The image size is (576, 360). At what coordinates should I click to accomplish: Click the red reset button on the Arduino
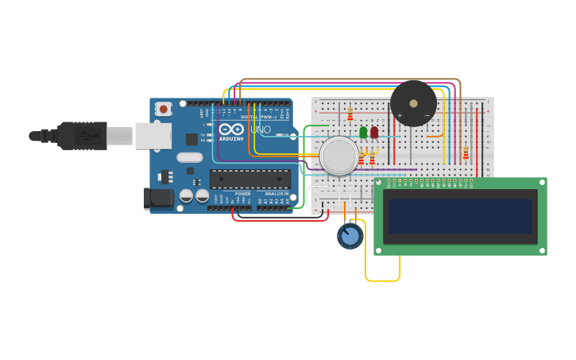click(x=164, y=109)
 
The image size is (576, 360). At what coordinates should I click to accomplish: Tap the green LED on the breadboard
click(x=363, y=133)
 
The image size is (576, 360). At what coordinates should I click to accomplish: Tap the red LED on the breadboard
click(x=374, y=133)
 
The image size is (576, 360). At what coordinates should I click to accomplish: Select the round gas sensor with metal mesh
click(x=339, y=156)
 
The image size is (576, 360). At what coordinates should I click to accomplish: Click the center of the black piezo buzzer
click(x=413, y=103)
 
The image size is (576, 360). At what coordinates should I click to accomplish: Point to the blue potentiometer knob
click(x=350, y=236)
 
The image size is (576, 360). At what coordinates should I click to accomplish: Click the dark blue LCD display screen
click(x=460, y=216)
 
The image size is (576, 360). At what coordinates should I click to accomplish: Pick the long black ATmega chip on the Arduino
click(x=249, y=179)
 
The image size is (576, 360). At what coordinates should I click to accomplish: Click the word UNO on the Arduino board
click(x=261, y=130)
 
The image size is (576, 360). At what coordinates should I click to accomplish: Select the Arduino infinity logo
click(x=231, y=129)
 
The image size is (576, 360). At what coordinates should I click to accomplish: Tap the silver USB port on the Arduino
click(x=153, y=136)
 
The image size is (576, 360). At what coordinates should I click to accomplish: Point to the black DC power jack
click(x=158, y=199)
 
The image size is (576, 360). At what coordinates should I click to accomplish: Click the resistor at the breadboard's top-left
click(x=350, y=114)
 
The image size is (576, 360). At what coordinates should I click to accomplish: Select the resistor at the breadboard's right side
click(x=466, y=153)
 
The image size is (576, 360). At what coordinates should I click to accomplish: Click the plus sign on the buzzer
click(x=400, y=116)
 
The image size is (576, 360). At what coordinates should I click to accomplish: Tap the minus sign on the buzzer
click(x=427, y=116)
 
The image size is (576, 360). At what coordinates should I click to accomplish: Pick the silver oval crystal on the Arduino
click(x=190, y=157)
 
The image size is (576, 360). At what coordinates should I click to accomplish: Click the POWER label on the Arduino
click(x=243, y=193)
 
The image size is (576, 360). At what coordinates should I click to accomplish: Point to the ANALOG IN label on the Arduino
click(x=276, y=193)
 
